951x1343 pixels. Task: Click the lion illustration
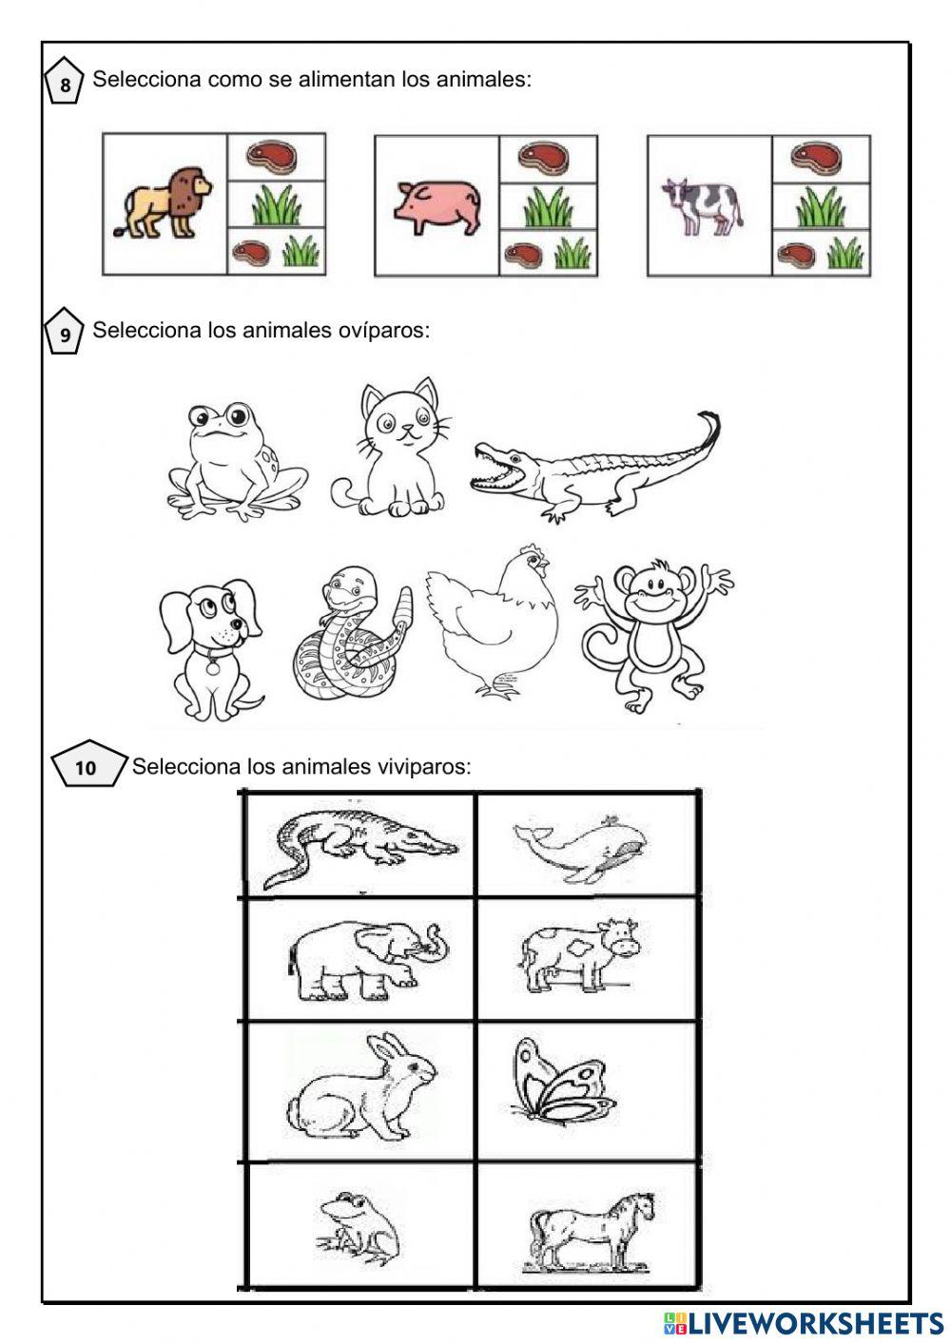coord(163,202)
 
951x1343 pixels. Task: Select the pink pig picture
coord(437,207)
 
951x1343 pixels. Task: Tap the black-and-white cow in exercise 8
coord(702,207)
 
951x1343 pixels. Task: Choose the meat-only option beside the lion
coord(277,157)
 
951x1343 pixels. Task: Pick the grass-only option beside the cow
coord(821,206)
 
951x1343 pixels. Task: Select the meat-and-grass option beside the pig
coord(549,253)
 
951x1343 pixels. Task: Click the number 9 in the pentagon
coord(65,335)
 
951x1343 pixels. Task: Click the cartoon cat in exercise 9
coord(391,449)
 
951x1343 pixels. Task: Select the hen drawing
coord(492,620)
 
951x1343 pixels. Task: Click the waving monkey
coord(651,635)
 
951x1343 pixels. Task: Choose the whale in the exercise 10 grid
coord(580,849)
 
